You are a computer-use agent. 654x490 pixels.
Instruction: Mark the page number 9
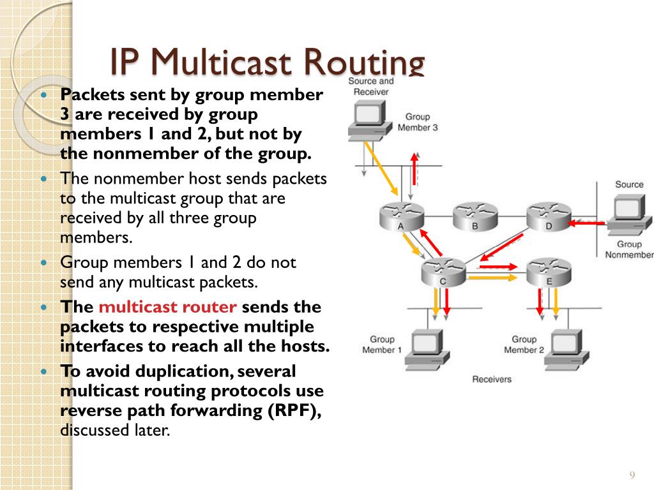point(632,475)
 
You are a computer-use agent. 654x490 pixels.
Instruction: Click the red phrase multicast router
point(168,307)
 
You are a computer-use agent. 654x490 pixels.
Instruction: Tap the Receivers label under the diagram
point(492,379)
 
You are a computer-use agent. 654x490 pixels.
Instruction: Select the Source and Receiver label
point(371,86)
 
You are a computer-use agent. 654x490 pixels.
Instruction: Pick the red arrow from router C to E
point(496,265)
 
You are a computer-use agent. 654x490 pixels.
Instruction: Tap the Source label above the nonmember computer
point(629,184)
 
